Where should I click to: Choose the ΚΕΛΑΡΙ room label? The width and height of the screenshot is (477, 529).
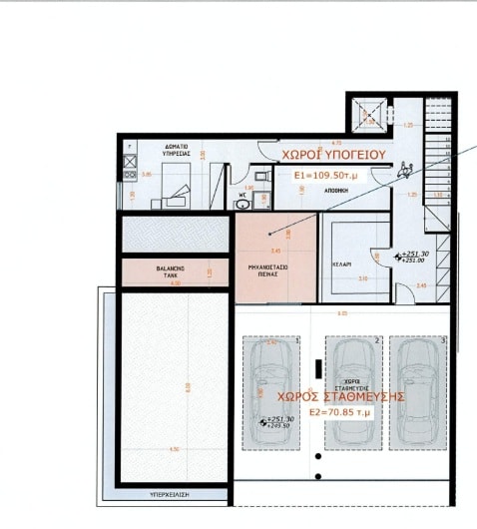pyautogui.click(x=340, y=264)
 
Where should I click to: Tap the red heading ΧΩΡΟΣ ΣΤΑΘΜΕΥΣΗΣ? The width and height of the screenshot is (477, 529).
pyautogui.click(x=339, y=395)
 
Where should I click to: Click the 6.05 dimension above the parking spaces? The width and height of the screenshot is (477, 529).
pyautogui.click(x=341, y=312)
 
